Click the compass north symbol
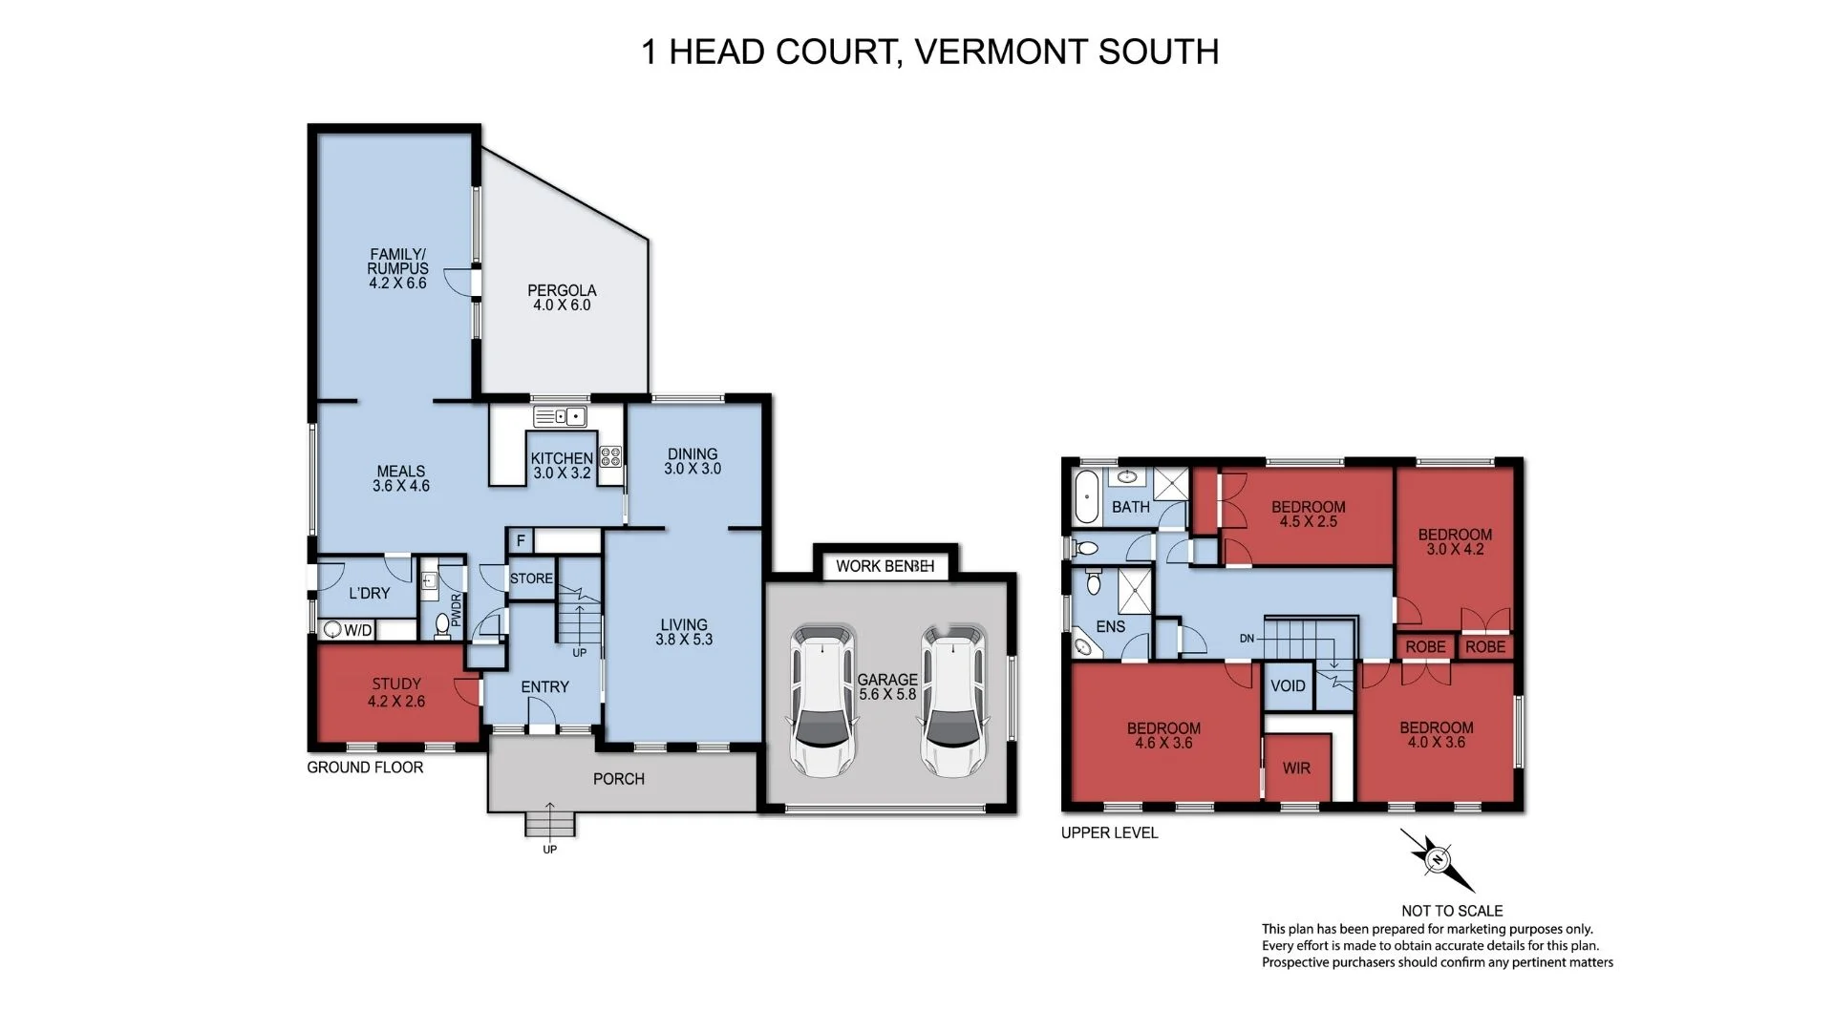tap(1436, 859)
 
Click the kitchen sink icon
tap(560, 416)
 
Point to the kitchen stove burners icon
tap(610, 456)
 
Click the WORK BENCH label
tap(885, 566)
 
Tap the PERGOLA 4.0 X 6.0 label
tap(562, 297)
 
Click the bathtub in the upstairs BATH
tap(1086, 497)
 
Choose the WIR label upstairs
tap(1296, 768)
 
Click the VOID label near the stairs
tap(1288, 685)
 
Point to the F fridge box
tap(521, 540)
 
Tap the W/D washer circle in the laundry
tap(333, 629)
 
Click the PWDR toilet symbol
tap(442, 624)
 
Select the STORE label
tap(531, 579)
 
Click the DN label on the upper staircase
tap(1247, 638)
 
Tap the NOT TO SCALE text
tap(1451, 911)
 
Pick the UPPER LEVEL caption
tap(1109, 832)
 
